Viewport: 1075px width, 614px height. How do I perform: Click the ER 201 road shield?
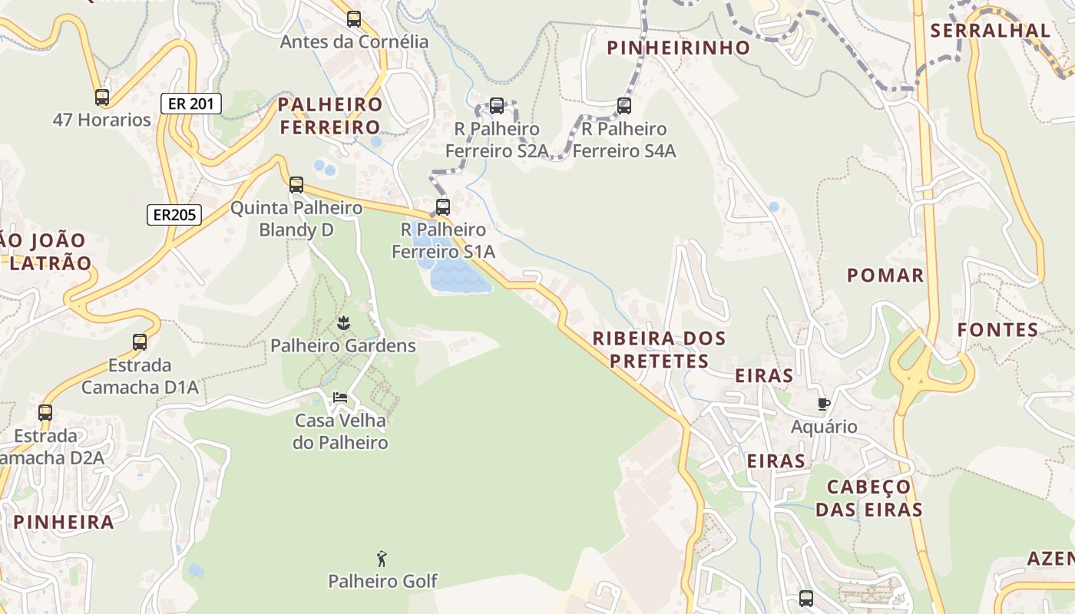191,104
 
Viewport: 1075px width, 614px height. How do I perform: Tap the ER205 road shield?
174,215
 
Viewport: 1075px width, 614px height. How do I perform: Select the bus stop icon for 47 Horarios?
102,97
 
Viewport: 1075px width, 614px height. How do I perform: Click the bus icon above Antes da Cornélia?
354,19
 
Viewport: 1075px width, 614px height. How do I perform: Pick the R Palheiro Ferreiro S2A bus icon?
497,106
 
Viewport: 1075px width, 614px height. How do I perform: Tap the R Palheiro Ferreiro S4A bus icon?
624,106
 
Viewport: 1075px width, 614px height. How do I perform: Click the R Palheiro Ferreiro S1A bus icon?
443,206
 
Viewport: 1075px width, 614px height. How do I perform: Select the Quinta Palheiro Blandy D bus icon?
296,185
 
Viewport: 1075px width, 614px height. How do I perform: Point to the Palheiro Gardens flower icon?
343,323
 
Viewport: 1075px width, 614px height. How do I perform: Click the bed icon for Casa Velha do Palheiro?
340,398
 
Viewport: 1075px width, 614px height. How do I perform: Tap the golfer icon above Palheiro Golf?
382,559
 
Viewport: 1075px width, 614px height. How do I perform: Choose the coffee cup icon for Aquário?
824,404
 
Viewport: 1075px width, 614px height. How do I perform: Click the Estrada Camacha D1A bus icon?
140,342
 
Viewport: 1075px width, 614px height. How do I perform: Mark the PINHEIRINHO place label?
678,48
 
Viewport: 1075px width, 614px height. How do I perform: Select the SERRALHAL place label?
990,31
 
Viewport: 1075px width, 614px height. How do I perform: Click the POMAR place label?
885,276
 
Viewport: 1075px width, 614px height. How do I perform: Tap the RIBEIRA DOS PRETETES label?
659,349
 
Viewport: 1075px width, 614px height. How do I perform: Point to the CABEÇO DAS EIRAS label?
868,498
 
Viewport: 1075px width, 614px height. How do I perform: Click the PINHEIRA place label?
64,522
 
